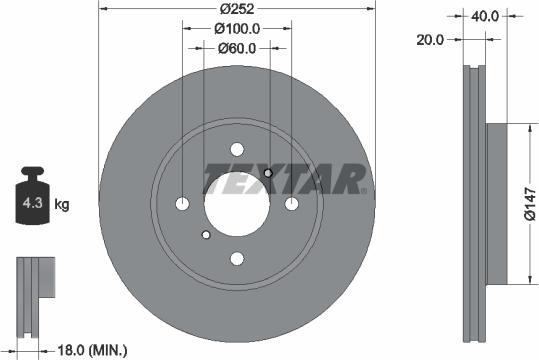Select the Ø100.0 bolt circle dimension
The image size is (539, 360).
[x=237, y=30]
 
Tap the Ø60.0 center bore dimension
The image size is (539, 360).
[x=237, y=47]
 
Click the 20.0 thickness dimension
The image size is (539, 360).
[x=432, y=39]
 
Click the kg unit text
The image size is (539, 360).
[x=62, y=206]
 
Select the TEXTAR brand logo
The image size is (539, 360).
[x=284, y=180]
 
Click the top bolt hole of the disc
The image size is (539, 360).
[x=237, y=148]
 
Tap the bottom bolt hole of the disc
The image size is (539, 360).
[x=237, y=259]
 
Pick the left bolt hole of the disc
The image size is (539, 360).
[x=182, y=204]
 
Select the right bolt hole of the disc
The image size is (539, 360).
[x=292, y=204]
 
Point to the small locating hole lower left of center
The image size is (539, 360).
[x=206, y=235]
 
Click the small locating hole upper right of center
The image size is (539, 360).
[x=268, y=173]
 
